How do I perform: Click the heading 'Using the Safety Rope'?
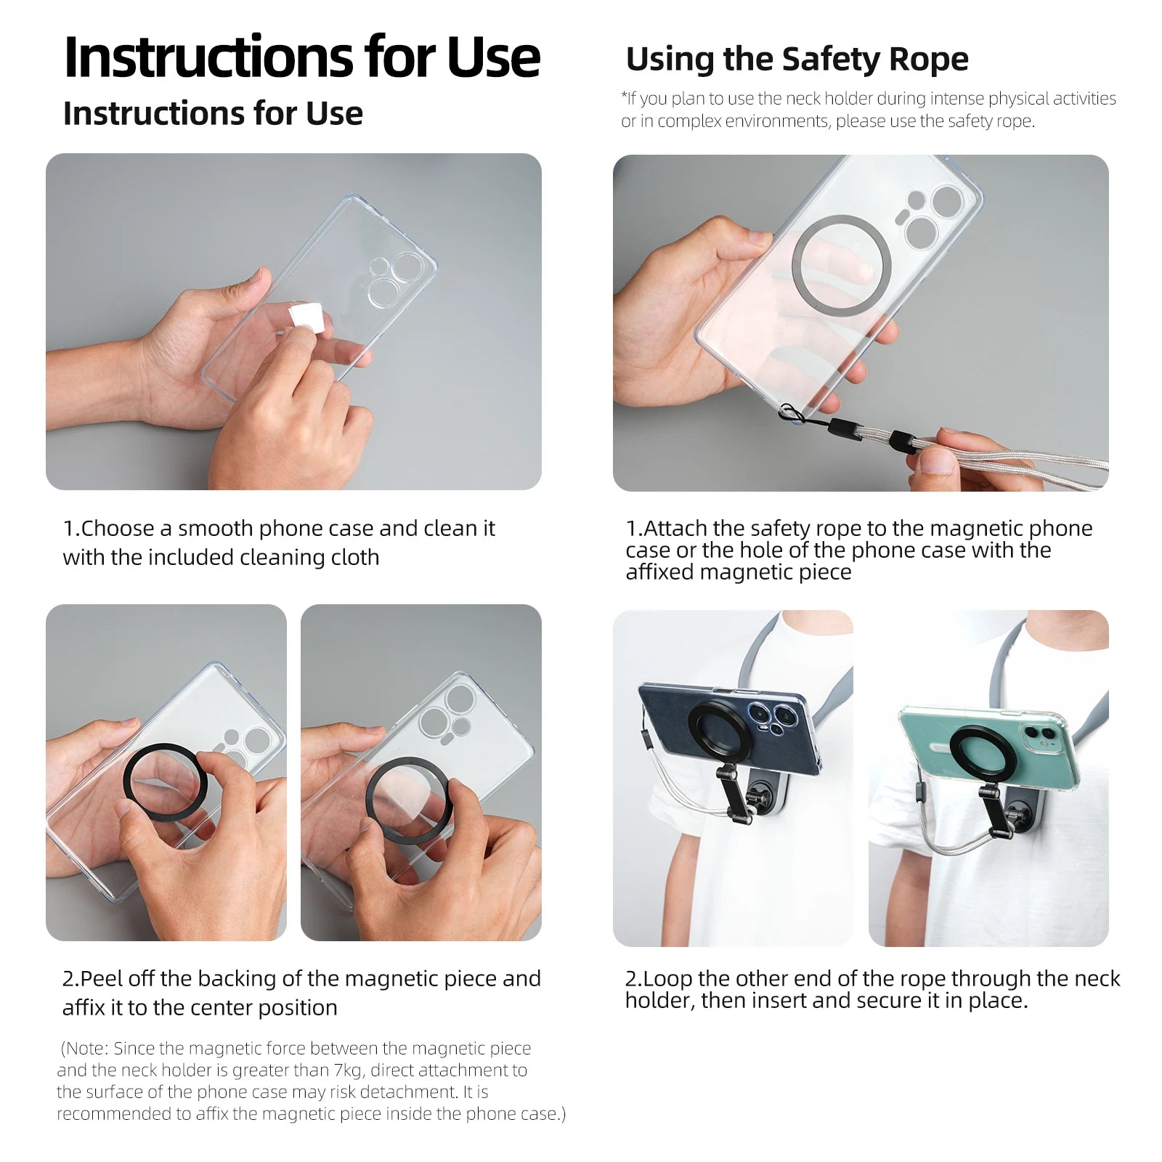[796, 60]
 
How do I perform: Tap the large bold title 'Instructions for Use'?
[301, 57]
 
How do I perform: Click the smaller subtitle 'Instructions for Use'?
[212, 114]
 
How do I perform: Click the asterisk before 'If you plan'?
[624, 96]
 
